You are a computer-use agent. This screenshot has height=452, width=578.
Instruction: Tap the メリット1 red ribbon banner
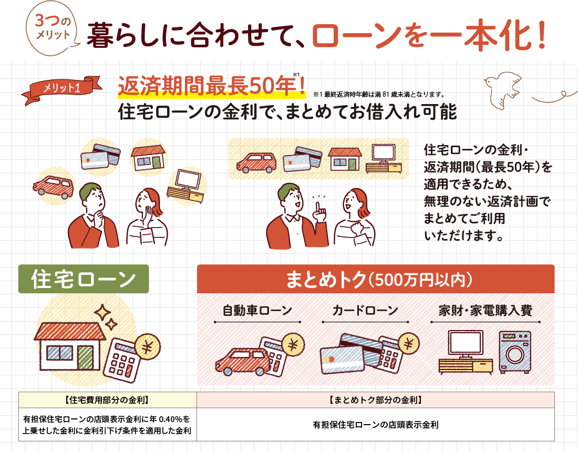61,88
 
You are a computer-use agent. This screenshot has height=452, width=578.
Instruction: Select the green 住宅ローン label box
84,279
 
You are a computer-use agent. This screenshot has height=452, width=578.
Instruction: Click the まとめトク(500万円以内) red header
376,279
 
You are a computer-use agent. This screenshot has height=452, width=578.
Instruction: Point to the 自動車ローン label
257,311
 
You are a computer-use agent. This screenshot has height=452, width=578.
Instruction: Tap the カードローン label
365,311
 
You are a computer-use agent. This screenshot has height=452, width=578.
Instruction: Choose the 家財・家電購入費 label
485,311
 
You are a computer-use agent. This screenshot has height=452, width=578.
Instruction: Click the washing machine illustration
515,352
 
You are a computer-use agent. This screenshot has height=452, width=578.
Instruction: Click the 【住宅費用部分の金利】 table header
108,400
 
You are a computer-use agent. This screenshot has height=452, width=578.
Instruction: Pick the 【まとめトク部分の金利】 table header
376,400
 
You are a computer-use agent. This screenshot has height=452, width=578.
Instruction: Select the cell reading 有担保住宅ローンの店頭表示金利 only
376,425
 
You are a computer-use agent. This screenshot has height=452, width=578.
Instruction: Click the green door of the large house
85,358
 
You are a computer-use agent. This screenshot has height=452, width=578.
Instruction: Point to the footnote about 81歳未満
379,95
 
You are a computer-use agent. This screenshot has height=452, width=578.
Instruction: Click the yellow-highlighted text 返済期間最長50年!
212,86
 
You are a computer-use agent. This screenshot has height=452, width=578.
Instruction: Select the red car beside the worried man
54,187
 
